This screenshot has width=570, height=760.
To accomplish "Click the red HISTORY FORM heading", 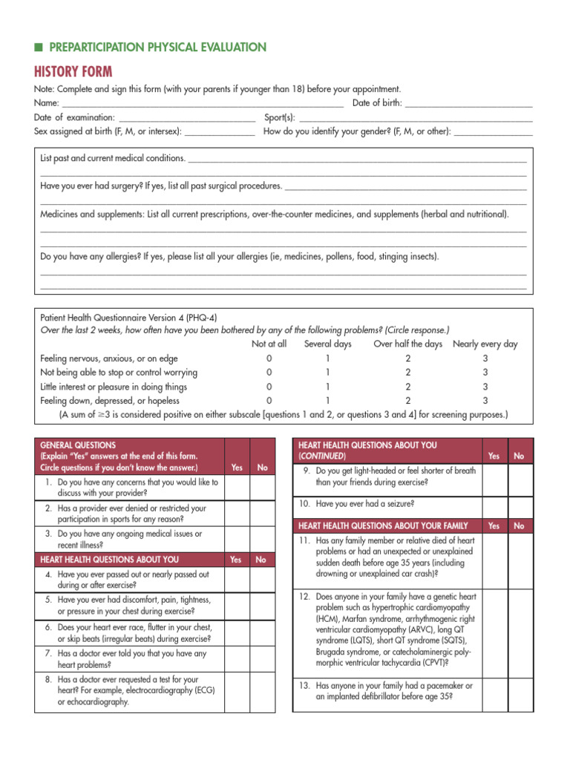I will (73, 71).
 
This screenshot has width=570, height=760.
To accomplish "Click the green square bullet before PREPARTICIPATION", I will (38, 47).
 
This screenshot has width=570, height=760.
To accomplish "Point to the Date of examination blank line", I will (186, 117).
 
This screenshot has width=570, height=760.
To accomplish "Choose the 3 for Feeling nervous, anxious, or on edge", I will (485, 358).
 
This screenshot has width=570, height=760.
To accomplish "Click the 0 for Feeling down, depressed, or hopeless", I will (269, 400).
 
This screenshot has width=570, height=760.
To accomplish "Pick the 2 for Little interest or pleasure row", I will (407, 386).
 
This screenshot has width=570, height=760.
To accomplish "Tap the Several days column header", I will (327, 344).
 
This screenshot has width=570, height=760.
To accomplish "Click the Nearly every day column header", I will (485, 344).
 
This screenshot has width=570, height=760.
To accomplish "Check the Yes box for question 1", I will (237, 487).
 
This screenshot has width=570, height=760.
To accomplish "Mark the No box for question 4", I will (261, 579).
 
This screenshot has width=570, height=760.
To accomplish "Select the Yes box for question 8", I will (237, 689).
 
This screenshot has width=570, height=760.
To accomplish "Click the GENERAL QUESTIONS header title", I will (77, 445).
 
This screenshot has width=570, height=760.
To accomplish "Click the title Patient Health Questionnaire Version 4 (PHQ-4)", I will (128, 316).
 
